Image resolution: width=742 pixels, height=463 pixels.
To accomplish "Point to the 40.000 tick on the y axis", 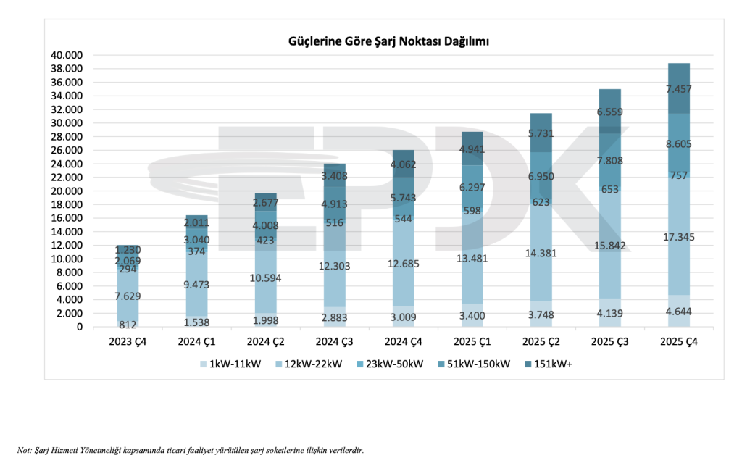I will coord(68,55).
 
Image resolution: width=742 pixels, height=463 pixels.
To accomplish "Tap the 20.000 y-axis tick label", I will coord(68,191).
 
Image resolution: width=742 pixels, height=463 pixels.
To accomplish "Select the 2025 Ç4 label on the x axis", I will coord(679,342).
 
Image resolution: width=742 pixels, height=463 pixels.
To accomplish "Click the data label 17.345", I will coord(679,236).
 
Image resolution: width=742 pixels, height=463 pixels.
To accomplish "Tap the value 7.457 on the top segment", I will coord(679,89).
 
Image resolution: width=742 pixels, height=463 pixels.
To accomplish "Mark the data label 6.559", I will coord(610,112).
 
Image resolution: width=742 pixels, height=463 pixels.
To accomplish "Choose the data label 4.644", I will coord(679,312).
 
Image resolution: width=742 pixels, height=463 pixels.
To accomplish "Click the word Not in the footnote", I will coord(23,450).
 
